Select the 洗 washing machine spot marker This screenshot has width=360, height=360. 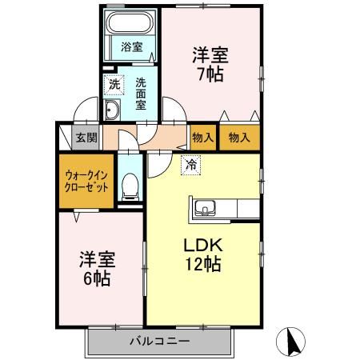(114, 82)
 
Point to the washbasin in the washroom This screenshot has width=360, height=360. (113, 110)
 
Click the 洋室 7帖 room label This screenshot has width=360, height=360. (211, 65)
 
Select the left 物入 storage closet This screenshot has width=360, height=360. (202, 138)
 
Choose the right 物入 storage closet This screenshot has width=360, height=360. (239, 138)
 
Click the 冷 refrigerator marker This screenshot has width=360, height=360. (190, 166)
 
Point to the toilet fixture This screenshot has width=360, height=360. (129, 186)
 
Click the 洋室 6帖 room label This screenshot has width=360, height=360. (98, 270)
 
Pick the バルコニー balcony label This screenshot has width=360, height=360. (160, 341)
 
